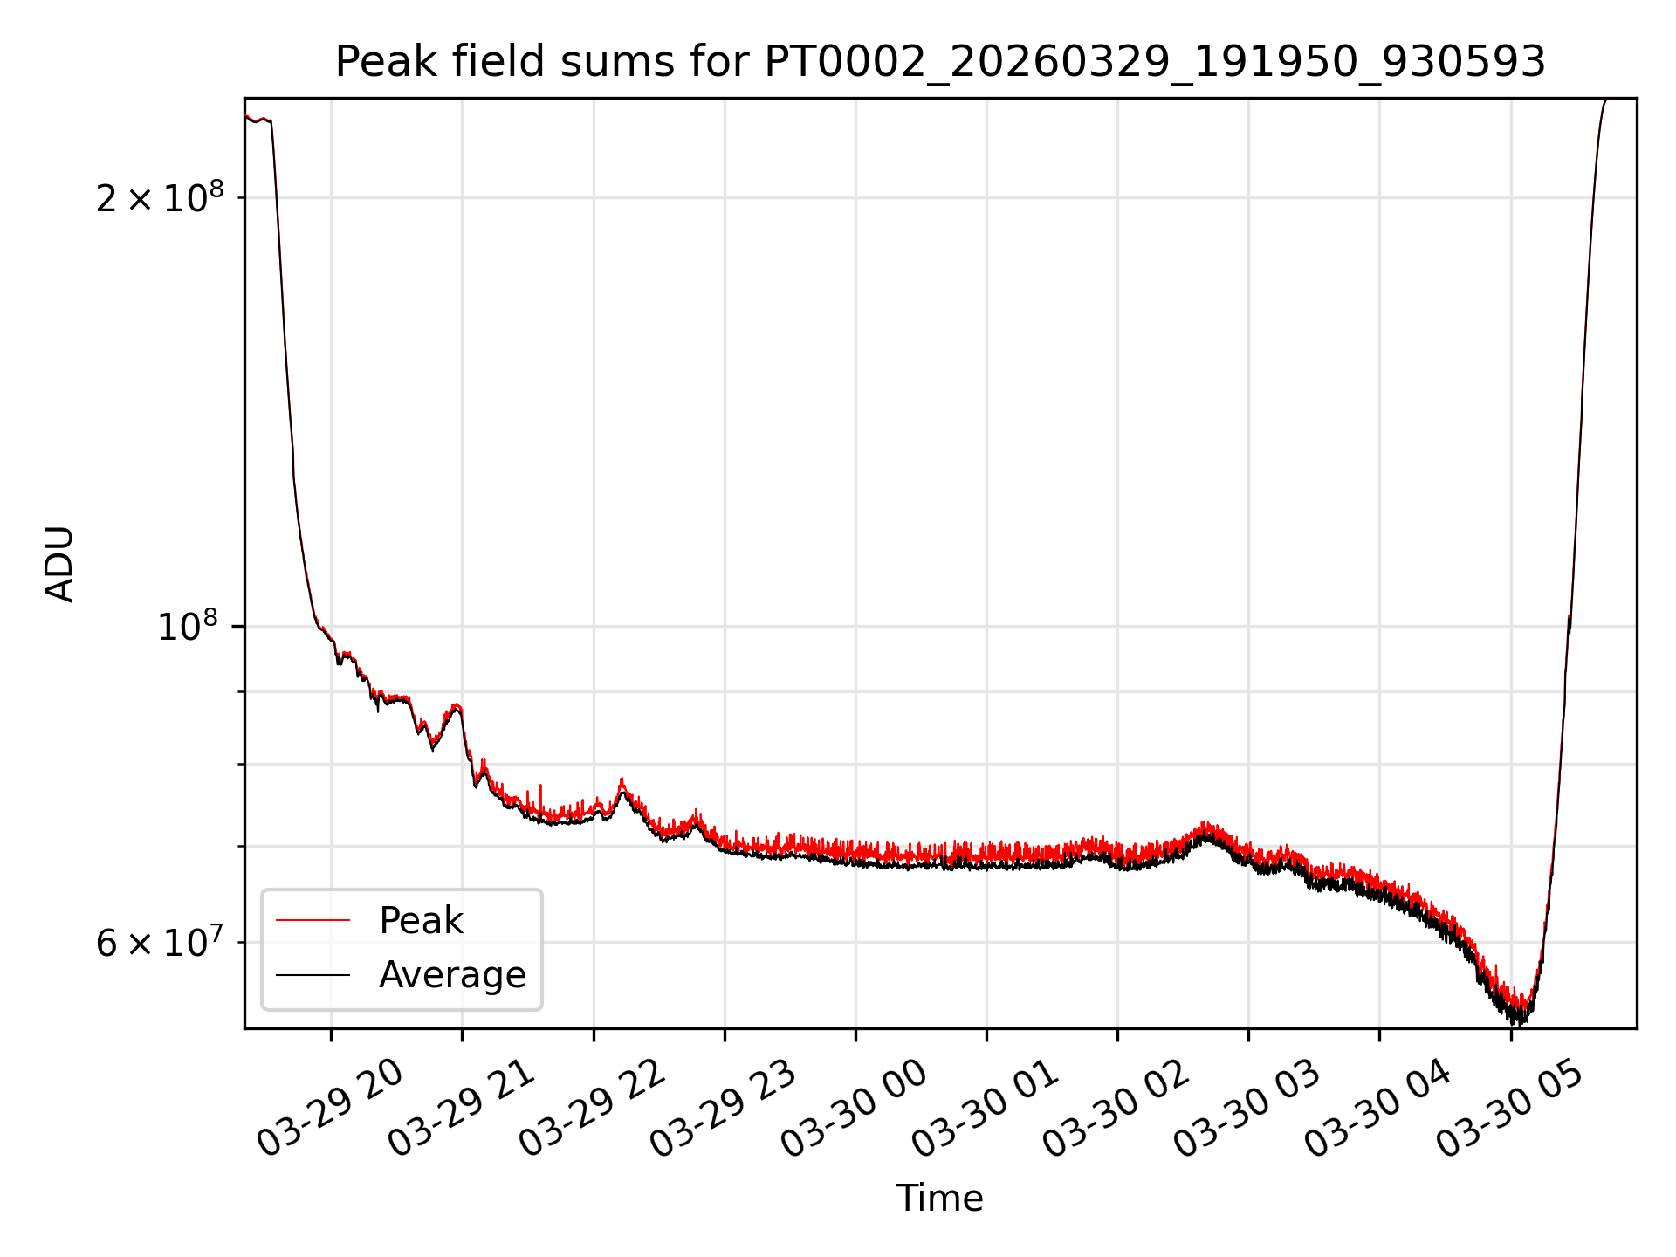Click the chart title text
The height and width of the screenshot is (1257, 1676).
point(940,62)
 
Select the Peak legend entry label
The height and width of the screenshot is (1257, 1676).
point(421,921)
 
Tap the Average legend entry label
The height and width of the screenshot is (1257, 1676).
point(452,975)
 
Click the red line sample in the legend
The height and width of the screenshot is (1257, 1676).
point(313,920)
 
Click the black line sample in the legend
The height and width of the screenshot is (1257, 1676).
point(313,974)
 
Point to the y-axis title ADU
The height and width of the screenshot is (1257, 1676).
point(59,564)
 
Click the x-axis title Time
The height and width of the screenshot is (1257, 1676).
point(940,1199)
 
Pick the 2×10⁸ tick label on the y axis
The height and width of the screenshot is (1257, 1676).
point(160,197)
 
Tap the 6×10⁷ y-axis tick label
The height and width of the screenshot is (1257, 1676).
point(160,942)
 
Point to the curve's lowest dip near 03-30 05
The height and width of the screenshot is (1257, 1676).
point(1521,1021)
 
